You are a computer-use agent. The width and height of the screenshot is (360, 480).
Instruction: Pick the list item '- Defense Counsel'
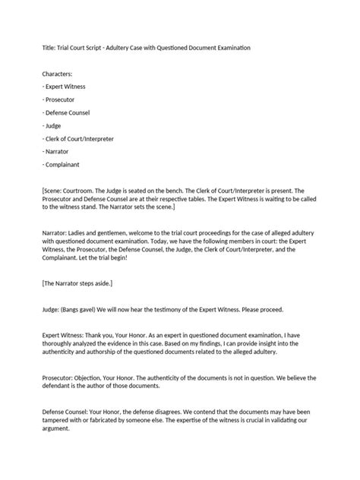tap(68, 113)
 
